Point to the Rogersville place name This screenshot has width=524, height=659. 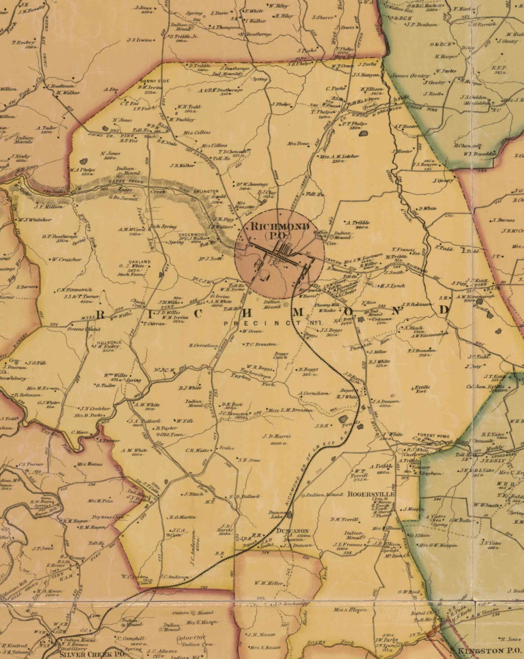click(x=371, y=494)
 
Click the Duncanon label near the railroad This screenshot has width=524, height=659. click(x=292, y=531)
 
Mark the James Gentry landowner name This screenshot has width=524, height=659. click(x=410, y=76)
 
